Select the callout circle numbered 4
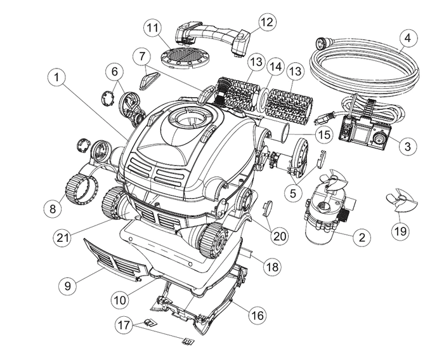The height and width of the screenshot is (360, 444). click(x=408, y=37)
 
